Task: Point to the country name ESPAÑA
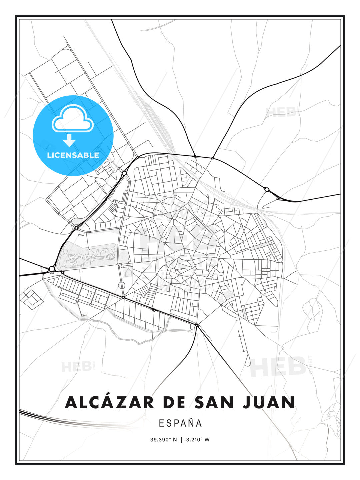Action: click(180, 423)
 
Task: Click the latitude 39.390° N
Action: click(163, 440)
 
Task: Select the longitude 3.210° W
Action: click(198, 440)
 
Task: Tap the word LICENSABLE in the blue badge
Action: click(73, 155)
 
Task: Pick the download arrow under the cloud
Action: click(69, 141)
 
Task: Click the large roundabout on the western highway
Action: click(52, 268)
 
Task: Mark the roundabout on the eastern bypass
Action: click(267, 189)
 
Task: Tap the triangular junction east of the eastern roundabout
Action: click(278, 198)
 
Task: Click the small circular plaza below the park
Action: click(122, 285)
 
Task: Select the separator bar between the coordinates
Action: click(181, 440)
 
